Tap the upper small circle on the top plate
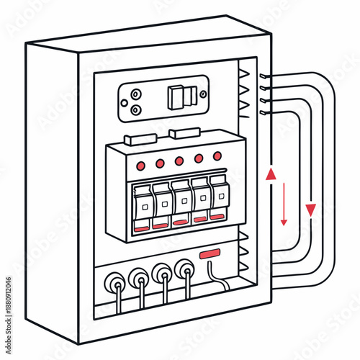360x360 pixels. coord(135,94)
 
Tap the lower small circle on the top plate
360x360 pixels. coord(135,109)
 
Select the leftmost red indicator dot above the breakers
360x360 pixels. coord(140,165)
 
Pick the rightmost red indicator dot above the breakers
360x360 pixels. coord(217,156)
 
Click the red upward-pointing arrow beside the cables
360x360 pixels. coord(271,174)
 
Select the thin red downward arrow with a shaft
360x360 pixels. coord(284,204)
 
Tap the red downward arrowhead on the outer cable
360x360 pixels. coord(310,210)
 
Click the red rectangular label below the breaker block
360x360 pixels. coord(210,253)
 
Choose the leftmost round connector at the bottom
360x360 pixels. coord(115,281)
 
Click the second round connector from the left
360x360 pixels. coord(139,278)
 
